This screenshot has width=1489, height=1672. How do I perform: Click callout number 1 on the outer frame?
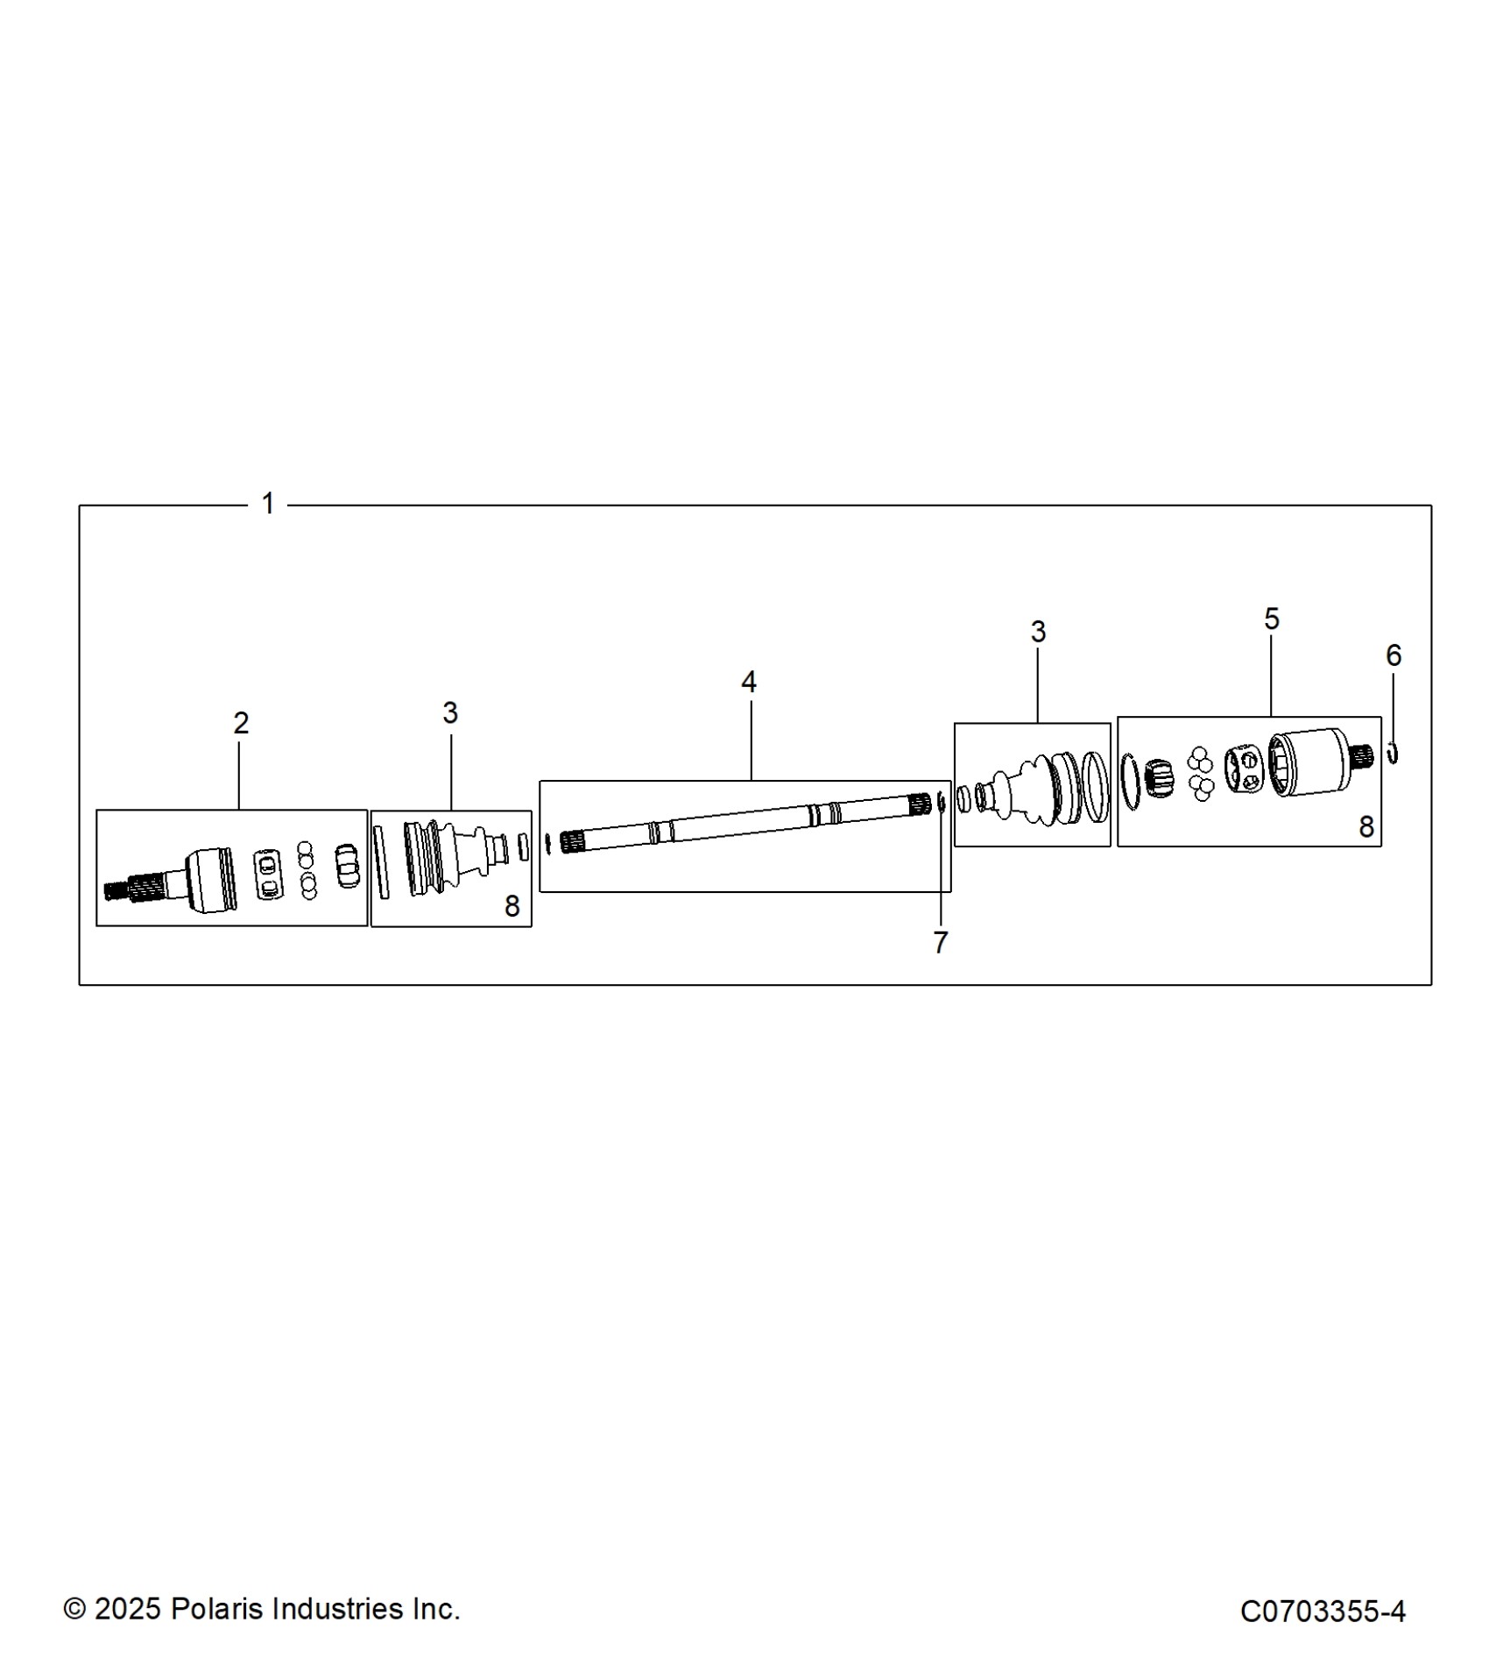[x=268, y=503]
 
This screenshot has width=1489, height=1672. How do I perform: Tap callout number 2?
[x=241, y=723]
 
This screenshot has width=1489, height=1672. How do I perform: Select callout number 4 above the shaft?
[x=748, y=682]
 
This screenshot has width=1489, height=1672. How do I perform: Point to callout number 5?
[x=1272, y=620]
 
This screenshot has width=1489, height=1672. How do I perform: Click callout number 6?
[x=1394, y=655]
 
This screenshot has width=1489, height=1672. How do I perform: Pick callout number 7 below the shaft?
[x=940, y=943]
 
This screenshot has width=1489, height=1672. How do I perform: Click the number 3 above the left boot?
[x=450, y=713]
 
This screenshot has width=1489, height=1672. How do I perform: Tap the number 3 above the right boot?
[x=1038, y=632]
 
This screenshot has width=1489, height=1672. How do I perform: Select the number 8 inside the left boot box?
[x=512, y=906]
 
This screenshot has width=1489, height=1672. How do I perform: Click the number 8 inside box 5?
[x=1366, y=826]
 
